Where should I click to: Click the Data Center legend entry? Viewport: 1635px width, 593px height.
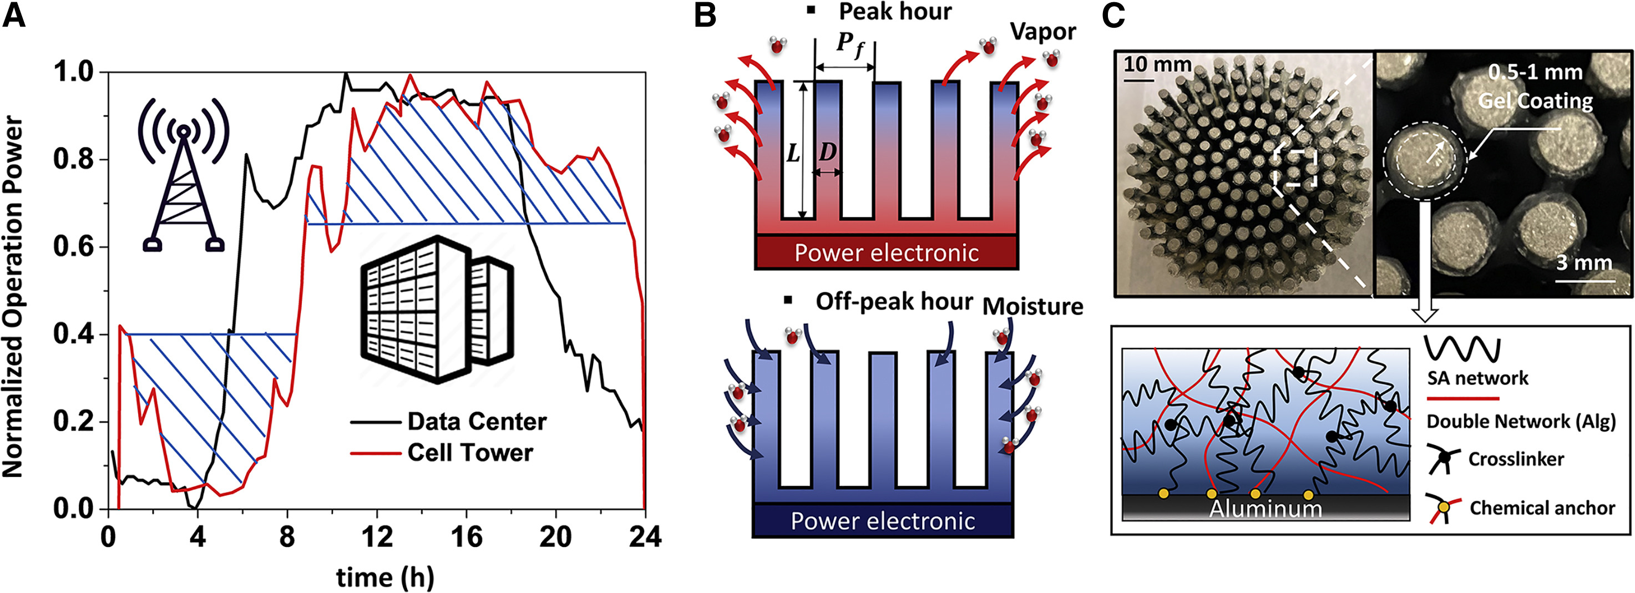tap(448, 422)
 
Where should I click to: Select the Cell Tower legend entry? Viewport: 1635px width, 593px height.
tap(442, 453)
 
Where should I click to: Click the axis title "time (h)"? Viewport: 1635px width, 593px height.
tap(385, 576)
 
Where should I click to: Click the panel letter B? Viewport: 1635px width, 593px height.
tap(705, 15)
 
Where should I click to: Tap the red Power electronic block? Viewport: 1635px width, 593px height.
tap(887, 252)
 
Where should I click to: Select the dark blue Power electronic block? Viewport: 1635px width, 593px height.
tap(882, 521)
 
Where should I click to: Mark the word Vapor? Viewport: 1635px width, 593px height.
tap(1044, 32)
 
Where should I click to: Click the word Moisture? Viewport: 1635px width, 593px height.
tap(1032, 307)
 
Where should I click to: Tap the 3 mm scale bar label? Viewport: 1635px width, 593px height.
tap(1583, 263)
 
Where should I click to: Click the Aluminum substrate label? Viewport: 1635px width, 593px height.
tap(1265, 509)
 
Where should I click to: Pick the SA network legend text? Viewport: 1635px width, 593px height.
tap(1477, 378)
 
